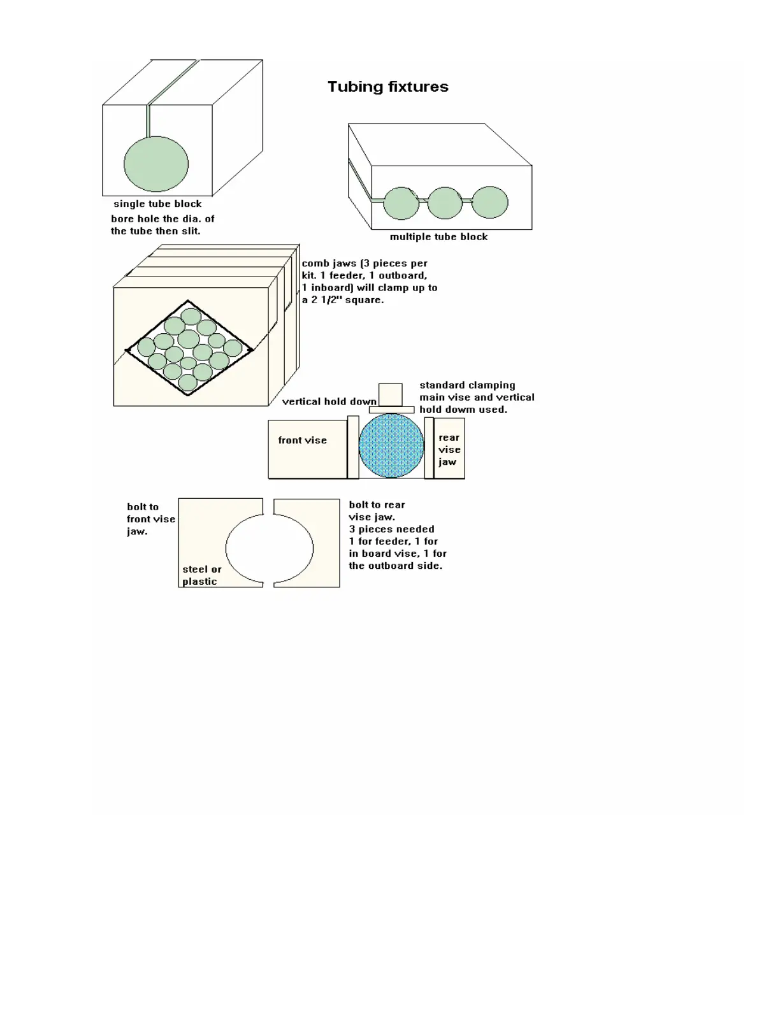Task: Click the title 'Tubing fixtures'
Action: click(387, 87)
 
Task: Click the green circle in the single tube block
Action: click(156, 164)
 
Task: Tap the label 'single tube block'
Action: click(157, 204)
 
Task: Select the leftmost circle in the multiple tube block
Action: click(401, 203)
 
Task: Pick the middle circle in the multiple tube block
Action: click(445, 203)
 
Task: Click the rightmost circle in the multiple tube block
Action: click(490, 203)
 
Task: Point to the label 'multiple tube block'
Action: click(438, 237)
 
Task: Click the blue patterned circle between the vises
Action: click(391, 445)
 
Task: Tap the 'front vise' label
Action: click(302, 440)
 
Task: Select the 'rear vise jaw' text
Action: click(449, 450)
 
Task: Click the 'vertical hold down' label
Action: click(329, 401)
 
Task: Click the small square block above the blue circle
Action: click(391, 394)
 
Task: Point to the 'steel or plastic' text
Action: click(201, 575)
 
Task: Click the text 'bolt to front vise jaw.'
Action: click(150, 519)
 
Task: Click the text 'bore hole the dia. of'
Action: click(162, 218)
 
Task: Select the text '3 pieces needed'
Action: click(391, 529)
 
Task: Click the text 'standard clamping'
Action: click(467, 385)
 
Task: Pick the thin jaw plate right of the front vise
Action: click(353, 447)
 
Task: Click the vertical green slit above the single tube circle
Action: click(148, 120)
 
